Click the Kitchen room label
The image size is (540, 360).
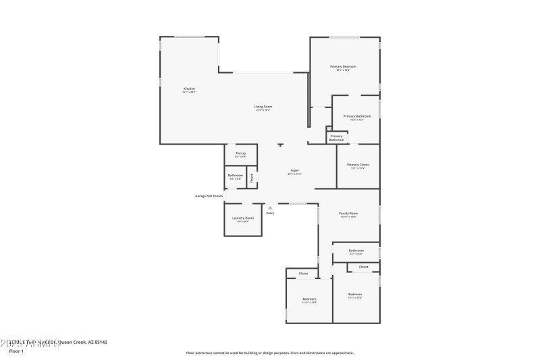189,89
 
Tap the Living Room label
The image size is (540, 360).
263,107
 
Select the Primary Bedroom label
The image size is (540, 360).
343,66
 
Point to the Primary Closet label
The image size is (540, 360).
358,165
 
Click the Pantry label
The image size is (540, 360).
240,153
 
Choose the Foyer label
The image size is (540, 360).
294,170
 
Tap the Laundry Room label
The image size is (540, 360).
243,217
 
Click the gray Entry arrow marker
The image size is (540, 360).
270,207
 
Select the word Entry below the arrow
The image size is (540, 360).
270,213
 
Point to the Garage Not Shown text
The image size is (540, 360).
209,196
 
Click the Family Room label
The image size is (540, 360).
348,213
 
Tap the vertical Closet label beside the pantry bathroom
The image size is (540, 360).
252,178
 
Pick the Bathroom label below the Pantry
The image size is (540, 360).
235,176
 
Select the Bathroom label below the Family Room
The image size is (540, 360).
356,251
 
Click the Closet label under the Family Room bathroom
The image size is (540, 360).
363,267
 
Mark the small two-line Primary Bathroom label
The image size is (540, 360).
336,138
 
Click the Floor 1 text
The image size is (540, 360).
16,351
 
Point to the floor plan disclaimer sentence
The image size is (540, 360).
269,353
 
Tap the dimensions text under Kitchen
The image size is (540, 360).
189,93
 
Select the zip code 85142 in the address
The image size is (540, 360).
100,342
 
